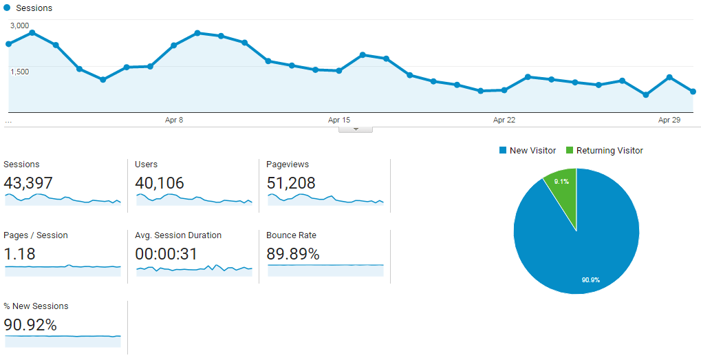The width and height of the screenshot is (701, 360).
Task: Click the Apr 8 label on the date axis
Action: [x=174, y=120]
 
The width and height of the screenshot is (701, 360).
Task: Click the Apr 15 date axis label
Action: [x=339, y=120]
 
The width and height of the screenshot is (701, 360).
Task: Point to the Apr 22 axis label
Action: [x=504, y=120]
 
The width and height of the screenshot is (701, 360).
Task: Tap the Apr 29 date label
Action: [x=669, y=120]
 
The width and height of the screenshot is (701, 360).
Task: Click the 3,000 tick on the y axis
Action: [x=19, y=25]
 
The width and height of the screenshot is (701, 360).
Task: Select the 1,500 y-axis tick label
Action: [x=19, y=72]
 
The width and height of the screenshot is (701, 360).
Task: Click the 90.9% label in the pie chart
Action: [x=590, y=280]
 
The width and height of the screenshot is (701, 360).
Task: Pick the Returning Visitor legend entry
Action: [x=605, y=150]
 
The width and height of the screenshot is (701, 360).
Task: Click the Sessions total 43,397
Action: [x=28, y=183]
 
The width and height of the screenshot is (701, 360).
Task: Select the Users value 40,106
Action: [x=160, y=183]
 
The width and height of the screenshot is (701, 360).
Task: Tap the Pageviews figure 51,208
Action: [x=291, y=183]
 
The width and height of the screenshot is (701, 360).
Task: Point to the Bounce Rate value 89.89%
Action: [x=293, y=254]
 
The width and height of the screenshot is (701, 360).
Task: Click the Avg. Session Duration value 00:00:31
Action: [x=166, y=254]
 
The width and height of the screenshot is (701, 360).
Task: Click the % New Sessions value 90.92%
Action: [x=30, y=325]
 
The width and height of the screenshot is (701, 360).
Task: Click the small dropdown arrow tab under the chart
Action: [x=356, y=129]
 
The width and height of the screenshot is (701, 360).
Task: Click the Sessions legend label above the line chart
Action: [x=34, y=8]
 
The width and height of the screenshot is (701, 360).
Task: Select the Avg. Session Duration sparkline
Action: [x=194, y=268]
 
